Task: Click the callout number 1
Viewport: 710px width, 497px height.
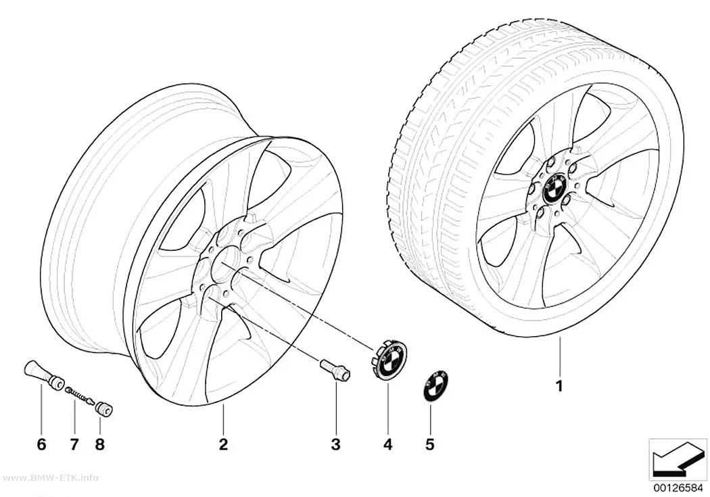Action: (x=560, y=387)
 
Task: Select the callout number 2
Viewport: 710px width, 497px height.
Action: (x=222, y=444)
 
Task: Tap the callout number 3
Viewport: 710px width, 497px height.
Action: (x=335, y=444)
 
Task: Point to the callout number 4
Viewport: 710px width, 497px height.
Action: (x=388, y=444)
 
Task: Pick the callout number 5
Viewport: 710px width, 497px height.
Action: (x=429, y=444)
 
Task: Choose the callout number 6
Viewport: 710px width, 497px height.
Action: (x=41, y=444)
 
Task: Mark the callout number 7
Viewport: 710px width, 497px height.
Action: (x=74, y=444)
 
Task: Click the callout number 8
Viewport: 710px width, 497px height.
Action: (x=99, y=444)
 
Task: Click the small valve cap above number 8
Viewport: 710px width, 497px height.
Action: (x=103, y=405)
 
